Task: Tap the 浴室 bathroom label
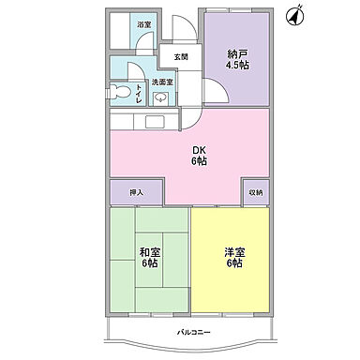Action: pyautogui.click(x=143, y=24)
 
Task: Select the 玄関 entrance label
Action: pyautogui.click(x=179, y=57)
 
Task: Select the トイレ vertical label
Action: pyautogui.click(x=138, y=95)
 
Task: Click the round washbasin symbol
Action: pyautogui.click(x=147, y=97)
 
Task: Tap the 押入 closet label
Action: pyautogui.click(x=135, y=191)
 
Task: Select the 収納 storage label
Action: pyautogui.click(x=255, y=191)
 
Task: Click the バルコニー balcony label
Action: pyautogui.click(x=196, y=333)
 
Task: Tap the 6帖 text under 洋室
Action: pyautogui.click(x=233, y=264)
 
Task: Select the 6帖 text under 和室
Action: pyautogui.click(x=150, y=264)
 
